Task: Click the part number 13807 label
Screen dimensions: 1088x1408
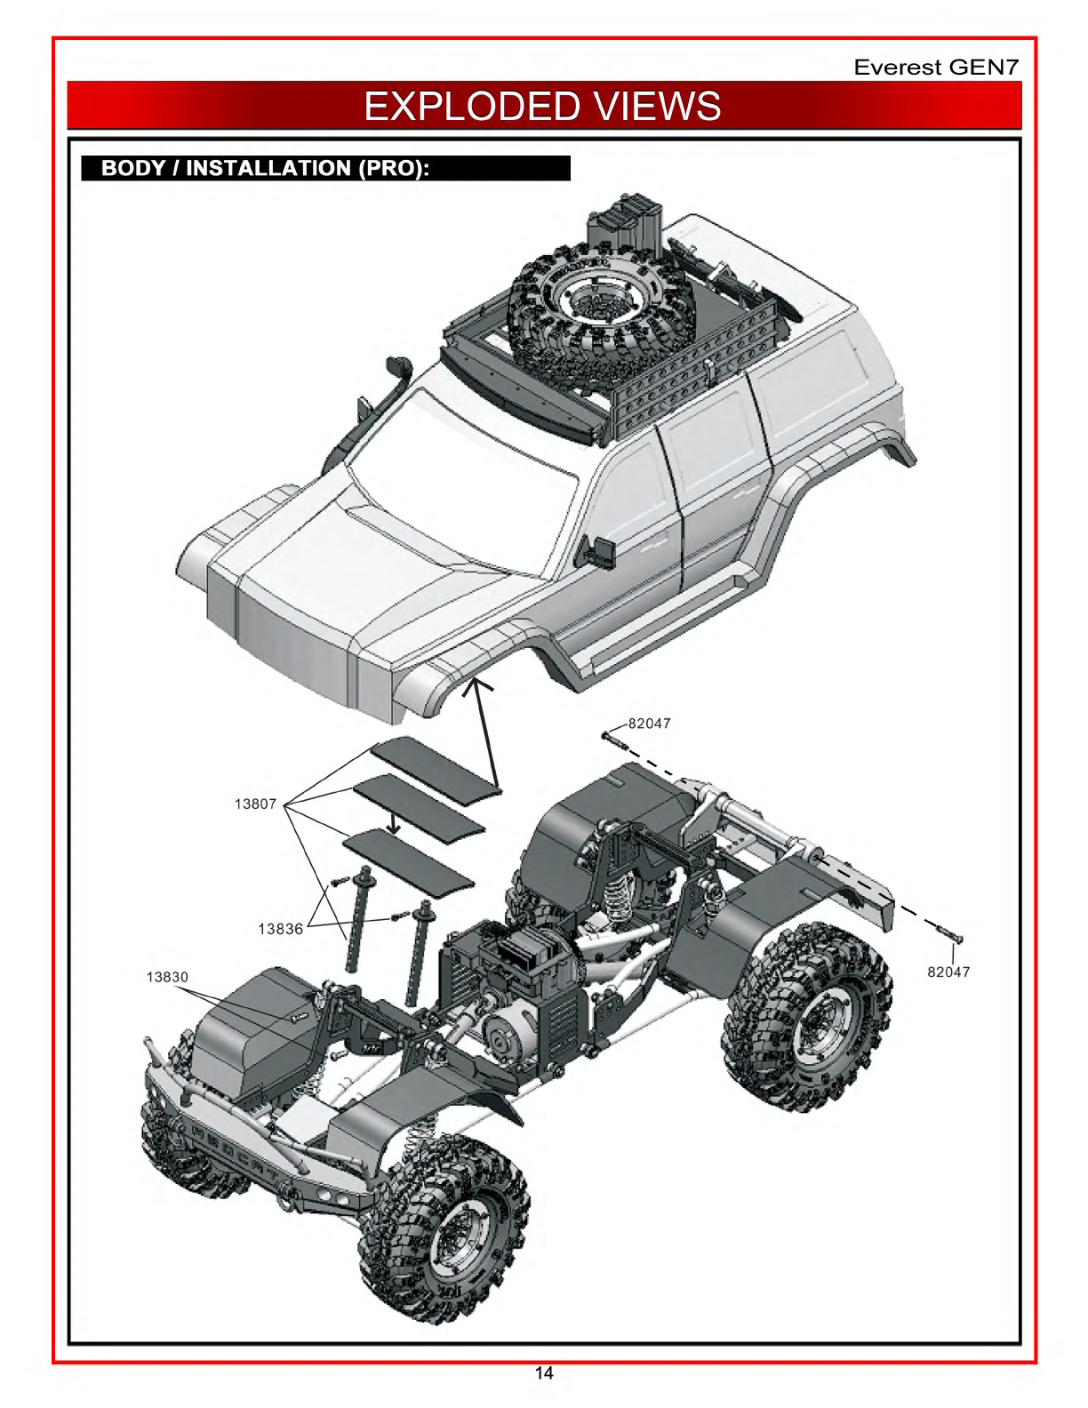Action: click(255, 804)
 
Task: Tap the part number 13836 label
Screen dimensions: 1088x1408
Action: click(281, 929)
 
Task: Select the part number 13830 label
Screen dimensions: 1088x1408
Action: click(167, 977)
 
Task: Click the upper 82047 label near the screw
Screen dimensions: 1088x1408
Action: click(649, 724)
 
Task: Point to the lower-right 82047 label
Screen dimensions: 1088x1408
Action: click(948, 972)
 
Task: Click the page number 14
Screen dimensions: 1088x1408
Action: click(544, 1373)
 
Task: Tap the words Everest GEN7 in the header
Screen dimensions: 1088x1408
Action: click(936, 68)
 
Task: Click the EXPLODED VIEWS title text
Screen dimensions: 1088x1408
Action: click(542, 107)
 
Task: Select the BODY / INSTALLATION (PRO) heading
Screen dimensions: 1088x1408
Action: click(265, 169)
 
